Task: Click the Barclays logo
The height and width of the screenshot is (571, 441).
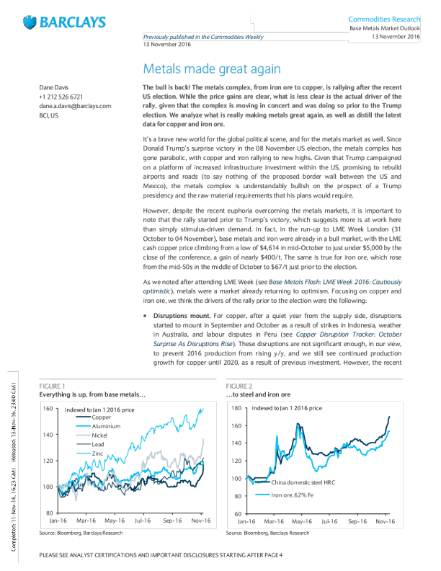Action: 65,21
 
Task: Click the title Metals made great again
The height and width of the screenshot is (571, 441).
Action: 211,69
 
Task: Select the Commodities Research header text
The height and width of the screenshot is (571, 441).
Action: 384,17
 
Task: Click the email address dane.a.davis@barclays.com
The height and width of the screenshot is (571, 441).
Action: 75,105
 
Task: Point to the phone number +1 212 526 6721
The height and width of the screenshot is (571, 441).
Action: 61,96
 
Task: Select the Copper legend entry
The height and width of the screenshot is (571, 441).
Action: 101,418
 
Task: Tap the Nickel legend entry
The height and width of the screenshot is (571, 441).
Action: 101,436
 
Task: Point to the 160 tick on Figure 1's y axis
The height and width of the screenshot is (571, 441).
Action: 48,409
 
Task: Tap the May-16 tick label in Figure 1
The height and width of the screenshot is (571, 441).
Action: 115,519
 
